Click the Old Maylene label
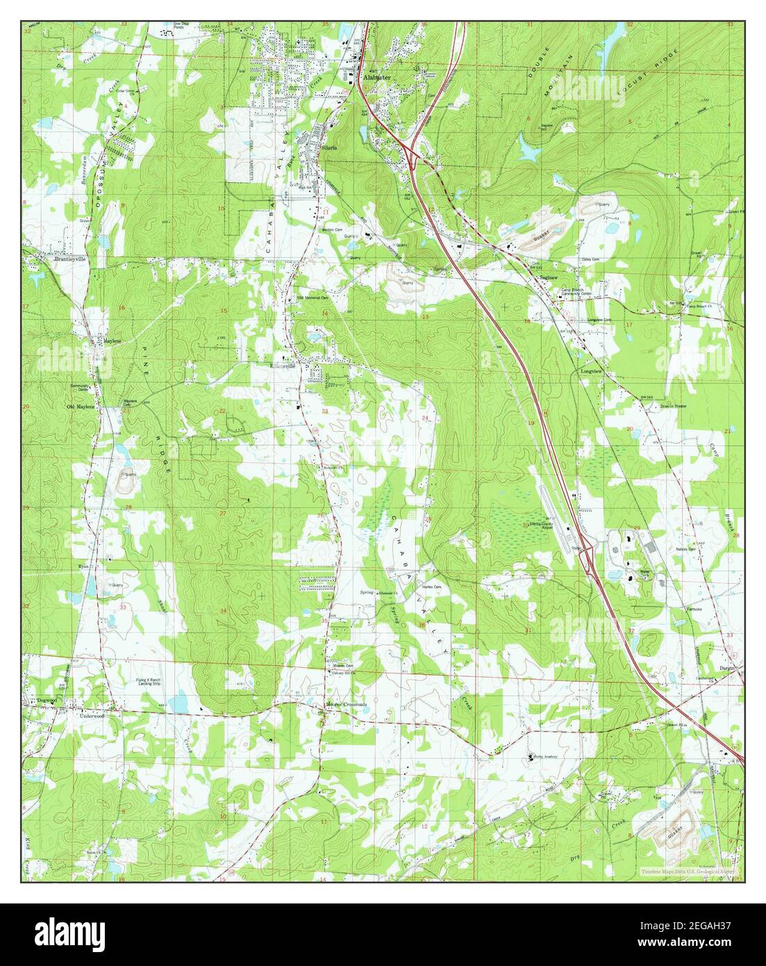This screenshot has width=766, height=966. pyautogui.click(x=81, y=407)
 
